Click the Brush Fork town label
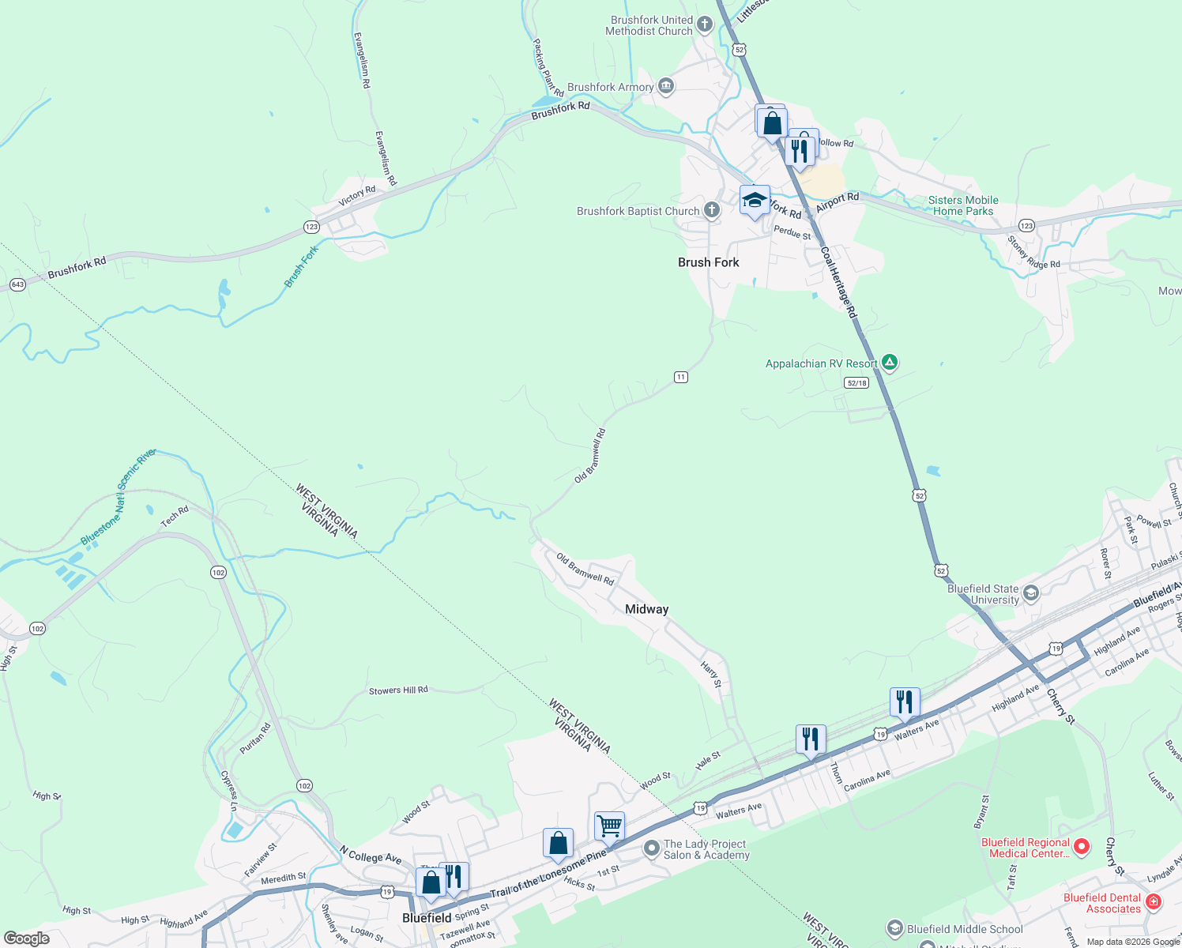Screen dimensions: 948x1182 tap(708, 262)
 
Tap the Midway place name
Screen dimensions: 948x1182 tap(646, 609)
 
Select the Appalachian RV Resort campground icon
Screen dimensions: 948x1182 tap(890, 363)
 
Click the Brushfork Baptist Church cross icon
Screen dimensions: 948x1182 tap(712, 210)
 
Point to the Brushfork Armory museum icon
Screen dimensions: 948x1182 tap(666, 86)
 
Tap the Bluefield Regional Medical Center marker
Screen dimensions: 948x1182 tap(1082, 848)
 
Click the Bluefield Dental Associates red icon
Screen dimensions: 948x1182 tap(1153, 902)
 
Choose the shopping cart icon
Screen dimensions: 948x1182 tap(609, 826)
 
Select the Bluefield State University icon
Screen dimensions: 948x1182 tap(1030, 593)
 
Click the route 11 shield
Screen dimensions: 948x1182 tap(681, 377)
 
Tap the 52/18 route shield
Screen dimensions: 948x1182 tap(856, 383)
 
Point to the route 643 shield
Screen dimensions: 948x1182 tap(17, 284)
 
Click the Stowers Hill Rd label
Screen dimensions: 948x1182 tap(398, 690)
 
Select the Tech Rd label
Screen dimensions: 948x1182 tap(175, 517)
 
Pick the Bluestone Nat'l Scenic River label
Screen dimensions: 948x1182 tap(118, 498)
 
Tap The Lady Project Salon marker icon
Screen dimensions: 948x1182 tap(652, 849)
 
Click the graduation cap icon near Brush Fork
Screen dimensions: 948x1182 tap(755, 200)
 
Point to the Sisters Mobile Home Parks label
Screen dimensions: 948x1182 tap(962, 205)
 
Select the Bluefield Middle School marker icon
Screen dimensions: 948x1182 tap(895, 928)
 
